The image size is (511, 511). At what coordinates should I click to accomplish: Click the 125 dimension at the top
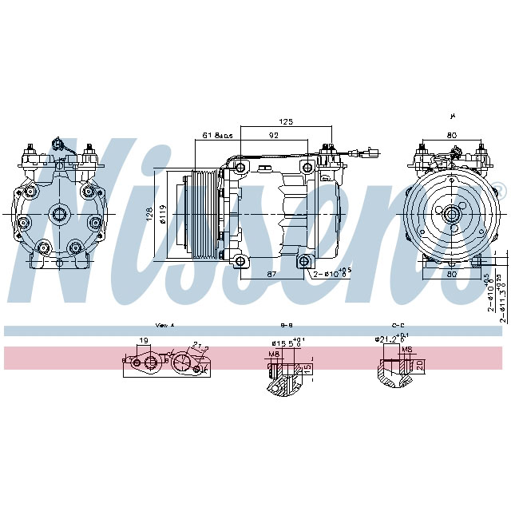pyautogui.click(x=287, y=121)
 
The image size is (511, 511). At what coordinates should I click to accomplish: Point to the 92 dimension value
pyautogui.click(x=273, y=136)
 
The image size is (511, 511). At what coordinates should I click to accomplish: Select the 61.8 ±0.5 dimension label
pyautogui.click(x=217, y=136)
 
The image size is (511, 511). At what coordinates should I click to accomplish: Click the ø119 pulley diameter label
pyautogui.click(x=162, y=213)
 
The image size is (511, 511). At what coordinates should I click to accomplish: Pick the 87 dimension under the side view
pyautogui.click(x=272, y=274)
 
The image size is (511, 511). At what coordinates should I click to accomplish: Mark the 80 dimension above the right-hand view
pyautogui.click(x=452, y=136)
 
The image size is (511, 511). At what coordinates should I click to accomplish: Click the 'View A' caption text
pyautogui.click(x=164, y=326)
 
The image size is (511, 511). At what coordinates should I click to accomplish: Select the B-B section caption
pyautogui.click(x=287, y=326)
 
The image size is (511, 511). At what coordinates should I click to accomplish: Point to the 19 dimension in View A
pyautogui.click(x=144, y=342)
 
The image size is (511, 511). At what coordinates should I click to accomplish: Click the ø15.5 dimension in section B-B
pyautogui.click(x=283, y=343)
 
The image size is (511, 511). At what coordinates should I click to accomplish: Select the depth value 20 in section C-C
pyautogui.click(x=420, y=364)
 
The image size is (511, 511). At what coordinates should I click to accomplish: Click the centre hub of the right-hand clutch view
pyautogui.click(x=451, y=212)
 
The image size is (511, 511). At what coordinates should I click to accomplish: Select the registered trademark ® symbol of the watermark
pyautogui.click(x=500, y=189)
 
